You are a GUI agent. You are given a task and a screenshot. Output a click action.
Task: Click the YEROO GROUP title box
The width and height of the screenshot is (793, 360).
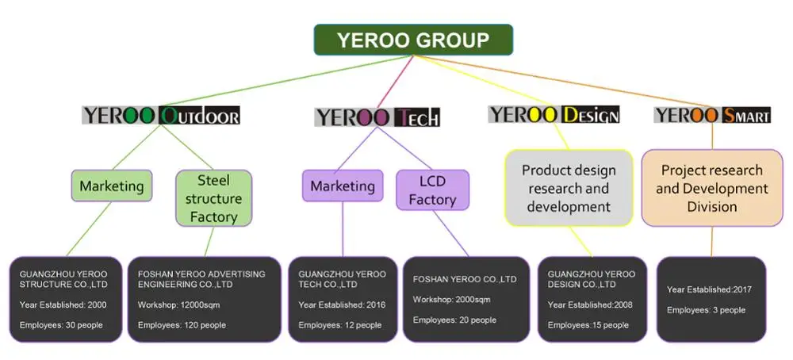click(x=413, y=40)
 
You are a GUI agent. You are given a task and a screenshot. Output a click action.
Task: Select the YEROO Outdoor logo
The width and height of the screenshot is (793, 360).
click(x=161, y=115)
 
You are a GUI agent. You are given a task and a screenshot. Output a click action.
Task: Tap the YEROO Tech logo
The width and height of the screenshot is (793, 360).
click(x=377, y=117)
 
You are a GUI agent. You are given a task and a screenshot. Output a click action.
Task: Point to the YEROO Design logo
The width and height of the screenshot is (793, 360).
click(x=554, y=114)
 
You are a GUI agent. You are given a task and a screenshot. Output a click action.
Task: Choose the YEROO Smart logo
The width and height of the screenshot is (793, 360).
click(x=712, y=115)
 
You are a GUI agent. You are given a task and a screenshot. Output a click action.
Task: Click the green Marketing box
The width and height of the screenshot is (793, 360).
click(x=112, y=186)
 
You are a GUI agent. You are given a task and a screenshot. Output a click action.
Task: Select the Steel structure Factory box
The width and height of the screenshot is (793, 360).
click(x=213, y=198)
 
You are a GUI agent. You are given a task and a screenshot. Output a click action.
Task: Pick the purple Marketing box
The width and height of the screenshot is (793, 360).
click(x=343, y=186)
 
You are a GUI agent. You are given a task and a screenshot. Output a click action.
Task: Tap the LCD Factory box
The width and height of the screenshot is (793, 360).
click(x=432, y=190)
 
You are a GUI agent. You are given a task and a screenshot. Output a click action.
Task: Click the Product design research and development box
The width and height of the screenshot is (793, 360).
click(x=569, y=188)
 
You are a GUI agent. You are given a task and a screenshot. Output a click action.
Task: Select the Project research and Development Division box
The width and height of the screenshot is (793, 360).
click(x=711, y=188)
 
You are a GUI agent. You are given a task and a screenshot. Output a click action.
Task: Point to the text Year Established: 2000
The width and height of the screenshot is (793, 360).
click(x=63, y=304)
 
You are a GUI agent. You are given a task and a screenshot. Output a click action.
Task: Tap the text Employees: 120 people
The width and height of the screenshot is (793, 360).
click(x=182, y=325)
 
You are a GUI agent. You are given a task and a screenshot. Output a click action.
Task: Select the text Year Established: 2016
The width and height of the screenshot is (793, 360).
click(x=342, y=304)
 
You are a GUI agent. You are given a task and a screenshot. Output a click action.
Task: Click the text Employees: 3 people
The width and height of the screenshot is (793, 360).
click(x=706, y=310)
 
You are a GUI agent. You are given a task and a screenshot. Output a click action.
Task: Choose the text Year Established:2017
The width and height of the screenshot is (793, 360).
click(x=709, y=289)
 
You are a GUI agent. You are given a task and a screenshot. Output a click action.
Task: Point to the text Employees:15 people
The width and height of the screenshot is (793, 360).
click(x=588, y=325)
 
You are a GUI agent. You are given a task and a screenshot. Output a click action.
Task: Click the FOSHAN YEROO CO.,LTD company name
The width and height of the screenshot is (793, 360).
click(x=465, y=279)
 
